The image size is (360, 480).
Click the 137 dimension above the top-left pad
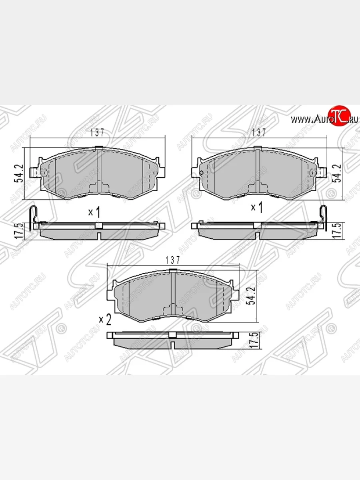click(97, 133)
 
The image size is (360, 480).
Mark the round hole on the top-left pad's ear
click(44, 173)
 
